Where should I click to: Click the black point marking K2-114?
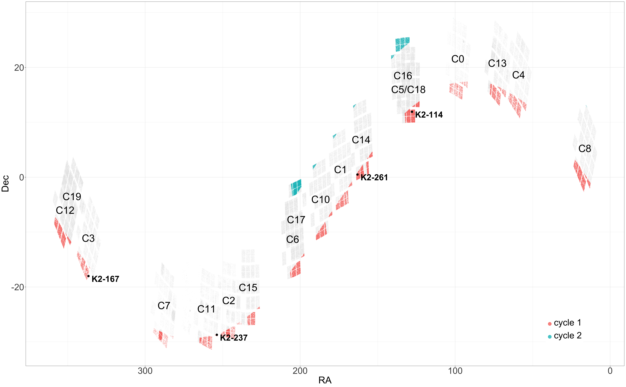click(412, 112)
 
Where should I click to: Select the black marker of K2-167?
click(88, 276)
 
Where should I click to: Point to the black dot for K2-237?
click(217, 335)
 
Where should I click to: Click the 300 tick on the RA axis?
click(145, 371)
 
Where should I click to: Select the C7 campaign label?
click(164, 306)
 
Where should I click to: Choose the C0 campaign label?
click(458, 59)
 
